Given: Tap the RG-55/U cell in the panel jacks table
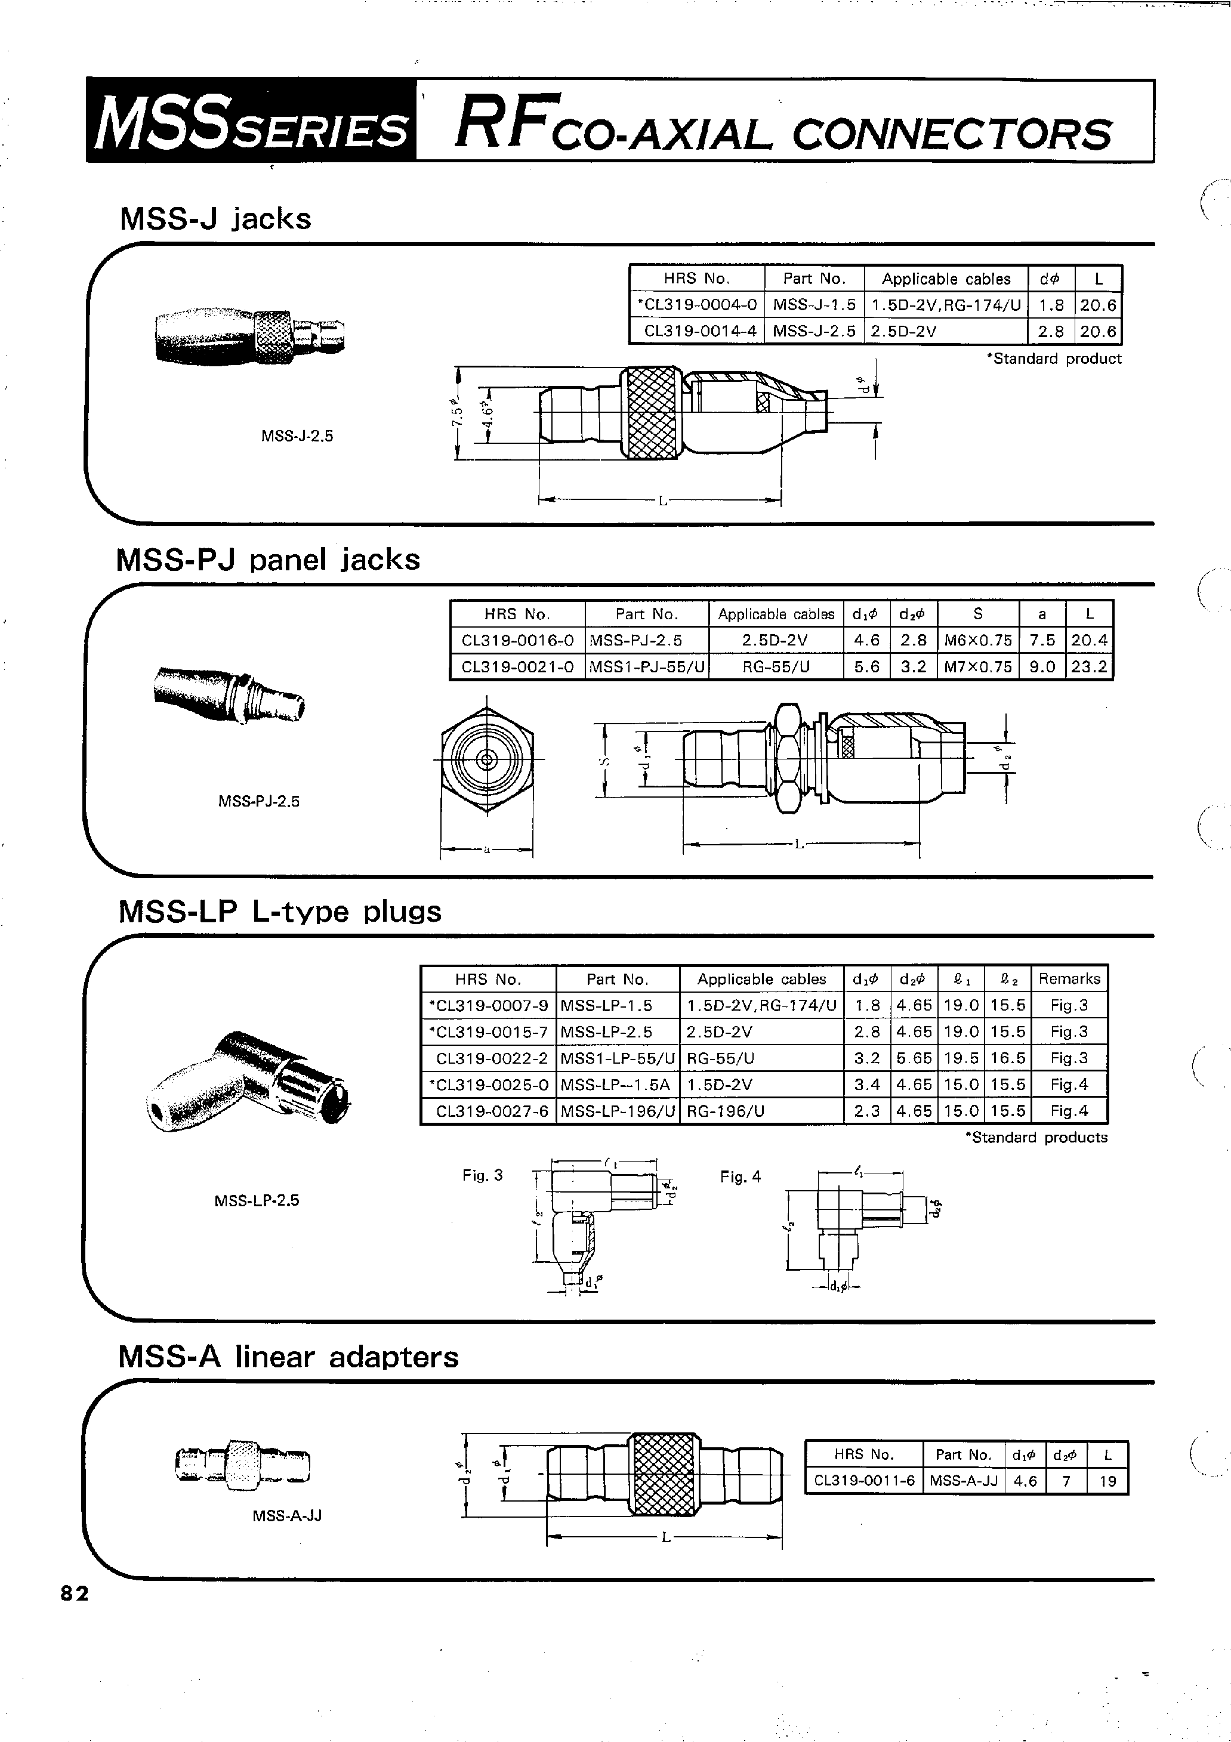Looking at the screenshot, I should [775, 667].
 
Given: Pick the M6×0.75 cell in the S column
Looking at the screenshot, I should [977, 640].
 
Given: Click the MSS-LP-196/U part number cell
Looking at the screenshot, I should [617, 1111].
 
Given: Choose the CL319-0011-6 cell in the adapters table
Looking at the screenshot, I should [863, 1480].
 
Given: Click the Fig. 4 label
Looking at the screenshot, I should [740, 1177].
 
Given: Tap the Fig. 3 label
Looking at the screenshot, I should [483, 1175].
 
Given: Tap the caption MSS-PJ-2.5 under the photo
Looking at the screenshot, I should [259, 801].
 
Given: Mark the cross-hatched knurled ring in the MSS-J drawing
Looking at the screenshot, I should [650, 413].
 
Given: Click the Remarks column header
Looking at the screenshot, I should [1069, 979].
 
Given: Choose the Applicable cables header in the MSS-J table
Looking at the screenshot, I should [946, 279].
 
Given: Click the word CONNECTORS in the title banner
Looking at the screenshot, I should [952, 134].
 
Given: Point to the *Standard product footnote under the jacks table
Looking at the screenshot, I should [1053, 359].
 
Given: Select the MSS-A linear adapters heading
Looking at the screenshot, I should [288, 1357].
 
